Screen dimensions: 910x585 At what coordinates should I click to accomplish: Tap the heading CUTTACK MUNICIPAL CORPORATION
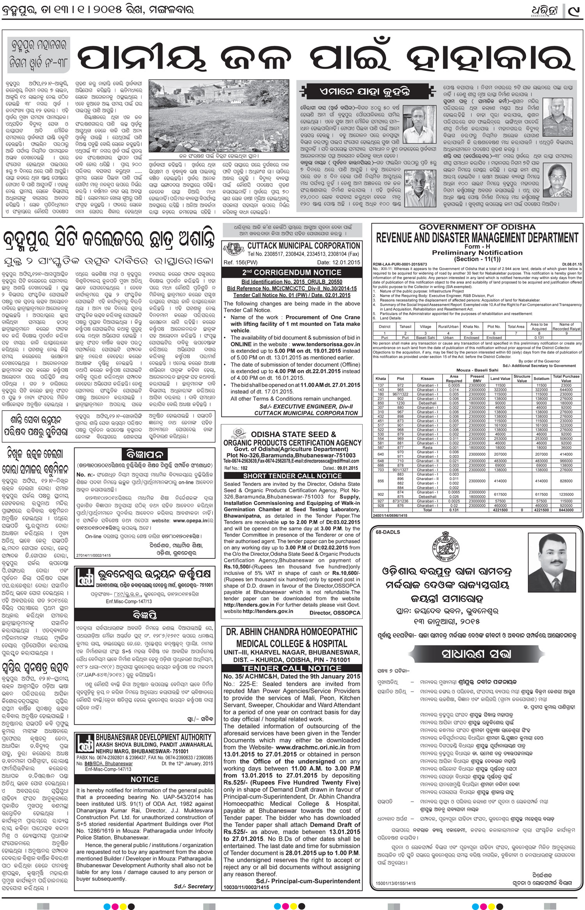click(x=303, y=246)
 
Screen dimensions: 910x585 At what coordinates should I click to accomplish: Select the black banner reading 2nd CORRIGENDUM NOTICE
click(x=291, y=273)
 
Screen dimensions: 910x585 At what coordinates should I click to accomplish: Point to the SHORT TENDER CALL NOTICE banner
click(x=292, y=475)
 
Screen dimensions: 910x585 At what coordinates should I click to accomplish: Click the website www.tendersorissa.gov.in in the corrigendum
click(x=326, y=345)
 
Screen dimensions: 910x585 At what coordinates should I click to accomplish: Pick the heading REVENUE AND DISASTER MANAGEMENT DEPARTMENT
click(x=477, y=238)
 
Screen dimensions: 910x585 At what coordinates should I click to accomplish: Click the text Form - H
click(x=477, y=247)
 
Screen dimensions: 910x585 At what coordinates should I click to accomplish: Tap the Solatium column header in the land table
click(x=541, y=378)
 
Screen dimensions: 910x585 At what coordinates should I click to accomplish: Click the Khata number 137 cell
click(x=380, y=385)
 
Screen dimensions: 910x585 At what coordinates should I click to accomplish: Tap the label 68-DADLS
click(x=387, y=532)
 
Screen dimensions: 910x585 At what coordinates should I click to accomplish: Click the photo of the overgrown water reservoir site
click(x=221, y=117)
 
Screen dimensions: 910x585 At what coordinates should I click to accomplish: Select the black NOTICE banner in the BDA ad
click(x=145, y=779)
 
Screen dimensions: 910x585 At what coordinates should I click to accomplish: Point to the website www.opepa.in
click(x=188, y=520)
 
